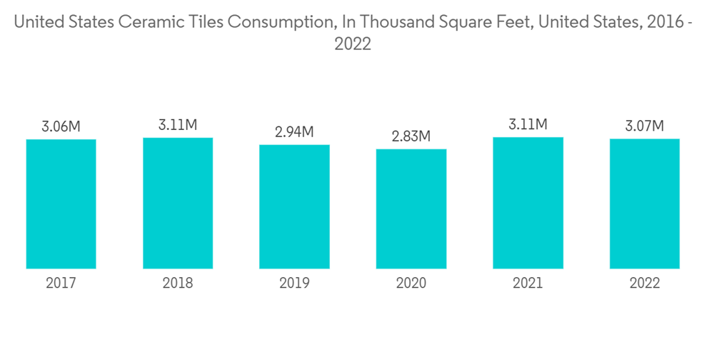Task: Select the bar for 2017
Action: (61, 204)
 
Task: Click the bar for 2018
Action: (178, 203)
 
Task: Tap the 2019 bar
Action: (294, 206)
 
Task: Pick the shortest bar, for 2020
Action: (411, 209)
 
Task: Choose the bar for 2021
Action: (528, 203)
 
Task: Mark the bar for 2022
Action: (645, 204)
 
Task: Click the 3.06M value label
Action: (61, 127)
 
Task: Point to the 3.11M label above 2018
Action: (178, 125)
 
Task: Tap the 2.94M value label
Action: (294, 132)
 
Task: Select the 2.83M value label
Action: (411, 136)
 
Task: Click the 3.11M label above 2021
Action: (528, 125)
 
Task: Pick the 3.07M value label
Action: (645, 126)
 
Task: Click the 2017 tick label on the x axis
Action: (61, 284)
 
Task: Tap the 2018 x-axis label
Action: (178, 284)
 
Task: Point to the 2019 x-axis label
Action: (294, 284)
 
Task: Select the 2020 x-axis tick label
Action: (411, 284)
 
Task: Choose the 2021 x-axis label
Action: (528, 284)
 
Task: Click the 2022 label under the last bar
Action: (645, 284)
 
